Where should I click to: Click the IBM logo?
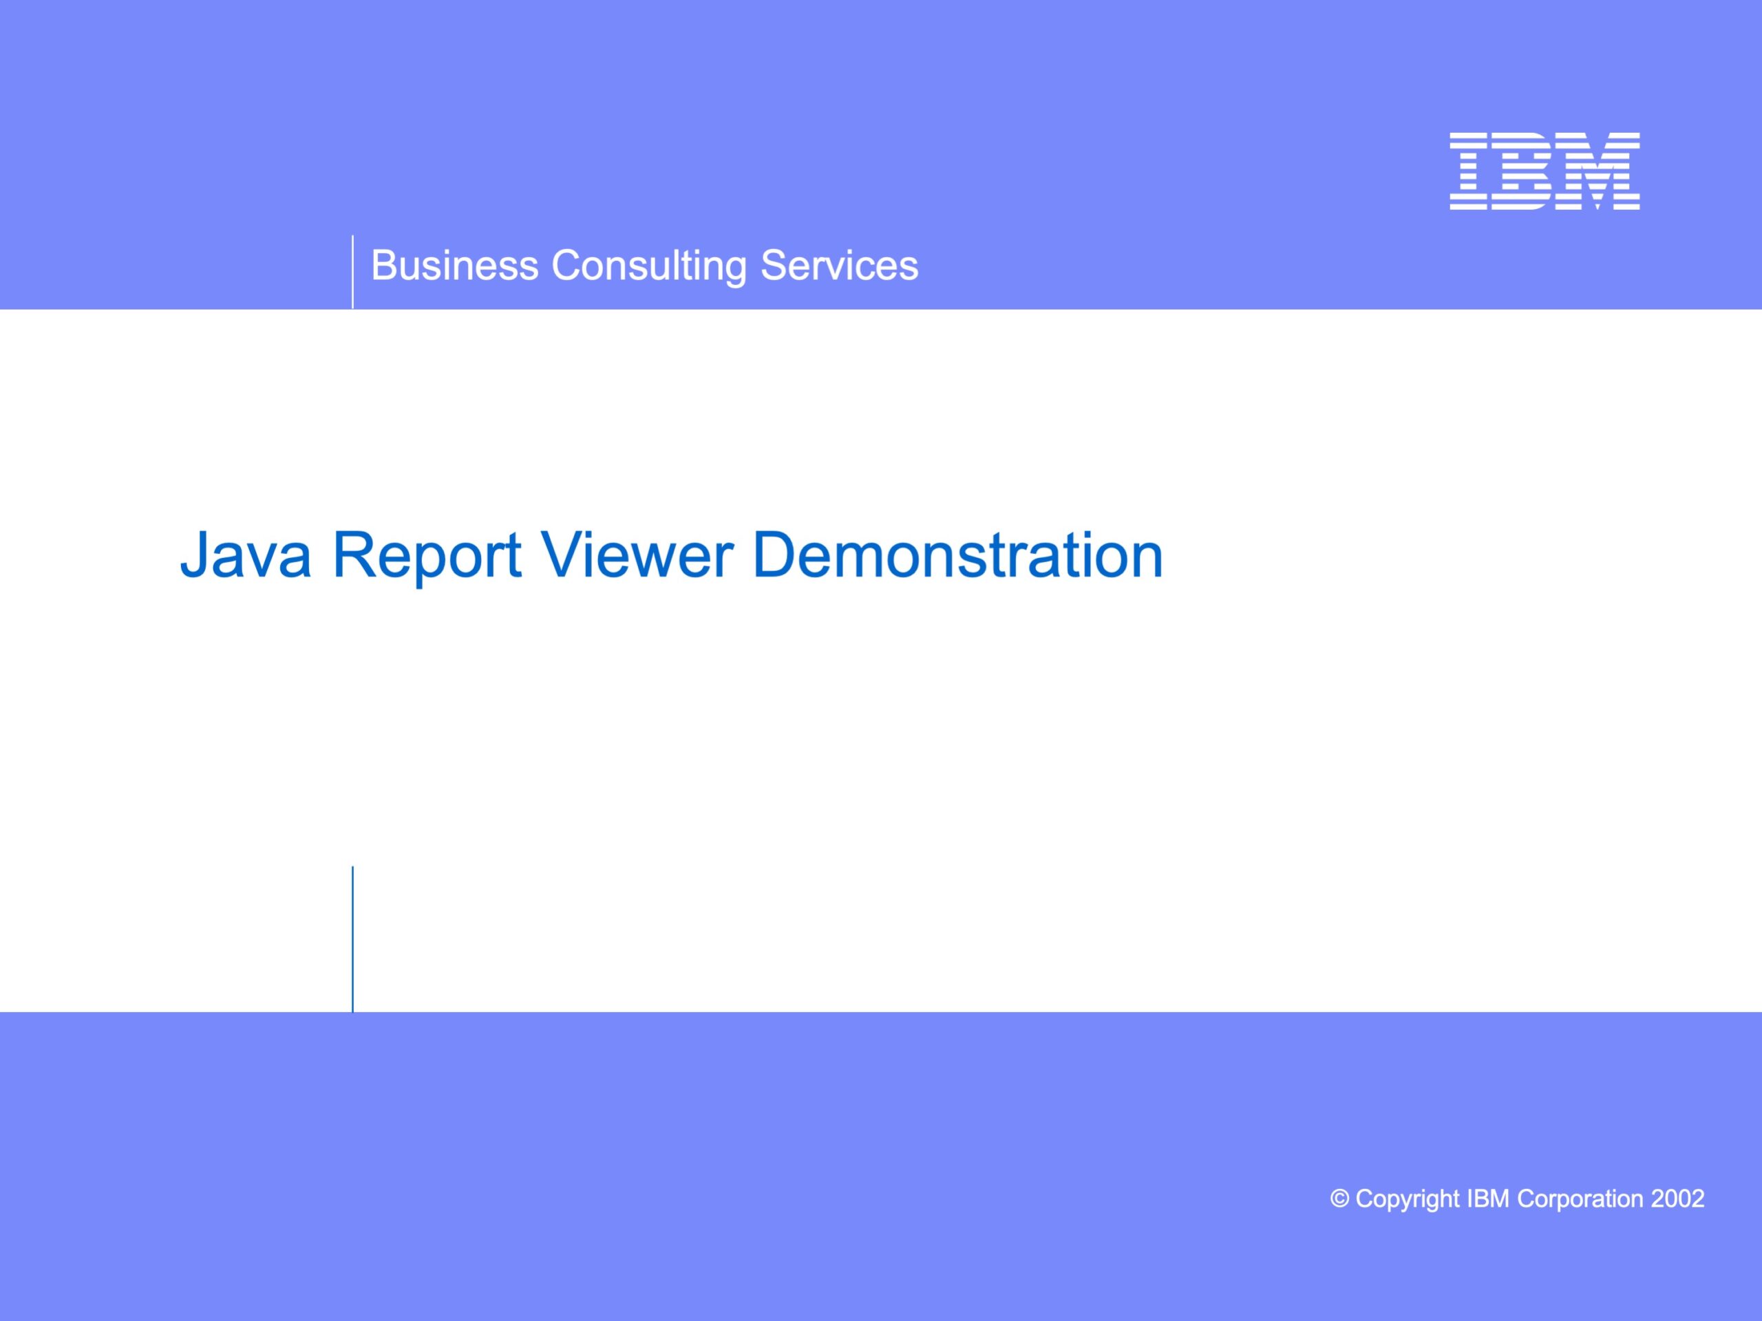point(1545,171)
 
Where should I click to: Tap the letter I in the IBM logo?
point(1469,171)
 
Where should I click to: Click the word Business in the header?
point(455,265)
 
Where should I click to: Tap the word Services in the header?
point(840,265)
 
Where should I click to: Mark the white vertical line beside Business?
point(352,272)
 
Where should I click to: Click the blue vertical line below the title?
point(352,940)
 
